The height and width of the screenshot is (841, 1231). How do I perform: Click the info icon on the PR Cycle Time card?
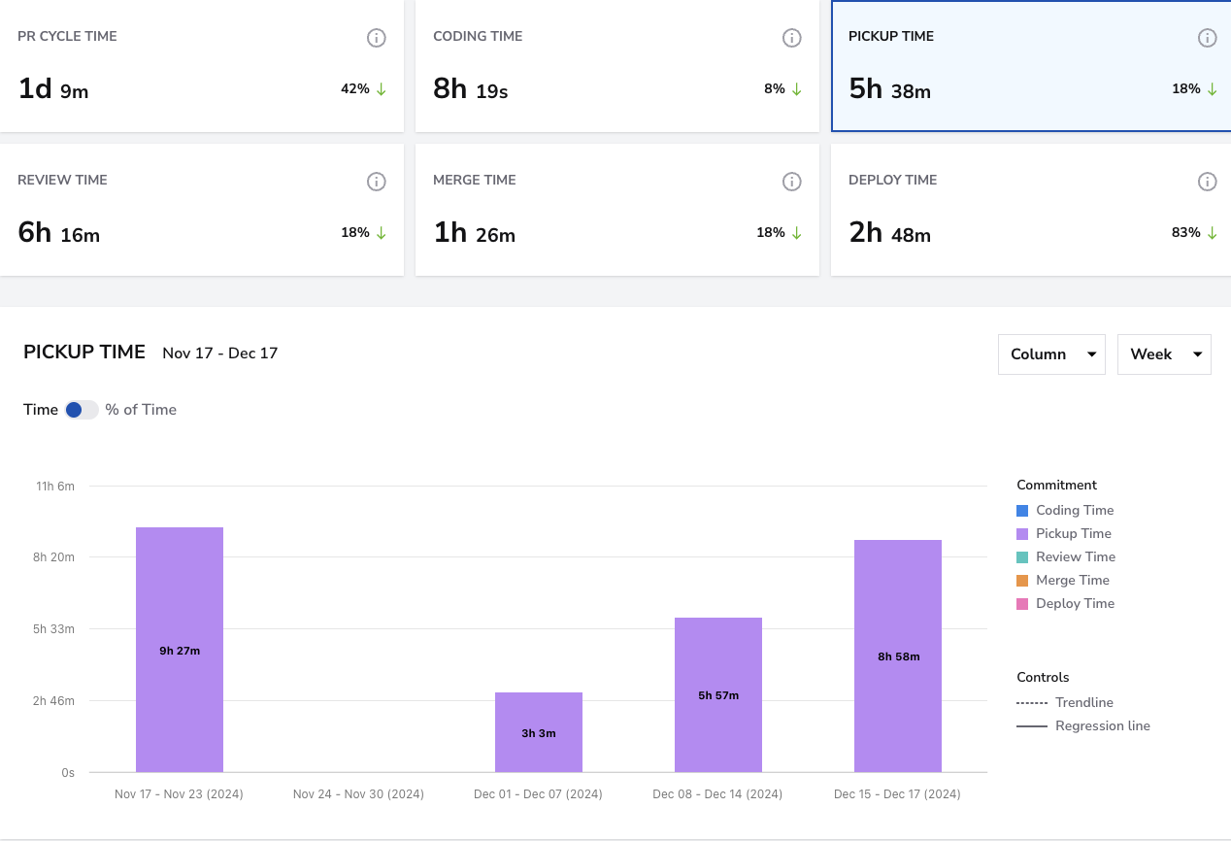point(377,38)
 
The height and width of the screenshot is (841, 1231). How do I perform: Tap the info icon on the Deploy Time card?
point(1207,182)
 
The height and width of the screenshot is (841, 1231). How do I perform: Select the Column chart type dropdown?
point(1051,354)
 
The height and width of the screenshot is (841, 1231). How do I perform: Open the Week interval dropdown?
point(1164,354)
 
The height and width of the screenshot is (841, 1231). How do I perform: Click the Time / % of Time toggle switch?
point(82,410)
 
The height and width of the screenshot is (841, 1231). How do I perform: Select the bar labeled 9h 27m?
point(180,650)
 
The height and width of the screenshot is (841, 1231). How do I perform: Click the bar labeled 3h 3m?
point(539,732)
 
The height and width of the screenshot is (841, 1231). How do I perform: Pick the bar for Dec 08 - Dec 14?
point(718,694)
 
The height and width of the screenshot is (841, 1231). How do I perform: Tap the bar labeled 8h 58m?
point(898,656)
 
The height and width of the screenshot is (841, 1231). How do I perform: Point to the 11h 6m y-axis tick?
point(55,486)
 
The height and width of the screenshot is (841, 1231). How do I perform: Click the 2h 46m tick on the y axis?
point(53,701)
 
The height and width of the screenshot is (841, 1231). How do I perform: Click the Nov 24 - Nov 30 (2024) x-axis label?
point(358,793)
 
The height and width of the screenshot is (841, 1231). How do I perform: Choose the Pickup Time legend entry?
point(1063,533)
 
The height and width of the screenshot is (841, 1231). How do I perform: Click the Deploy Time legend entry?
point(1065,603)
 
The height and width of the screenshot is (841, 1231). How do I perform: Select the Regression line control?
point(1083,725)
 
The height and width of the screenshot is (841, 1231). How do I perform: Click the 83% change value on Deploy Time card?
point(1185,232)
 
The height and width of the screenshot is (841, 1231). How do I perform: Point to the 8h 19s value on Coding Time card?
point(470,89)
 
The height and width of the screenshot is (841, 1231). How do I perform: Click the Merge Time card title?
point(475,180)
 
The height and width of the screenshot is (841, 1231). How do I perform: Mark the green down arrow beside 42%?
point(381,89)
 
